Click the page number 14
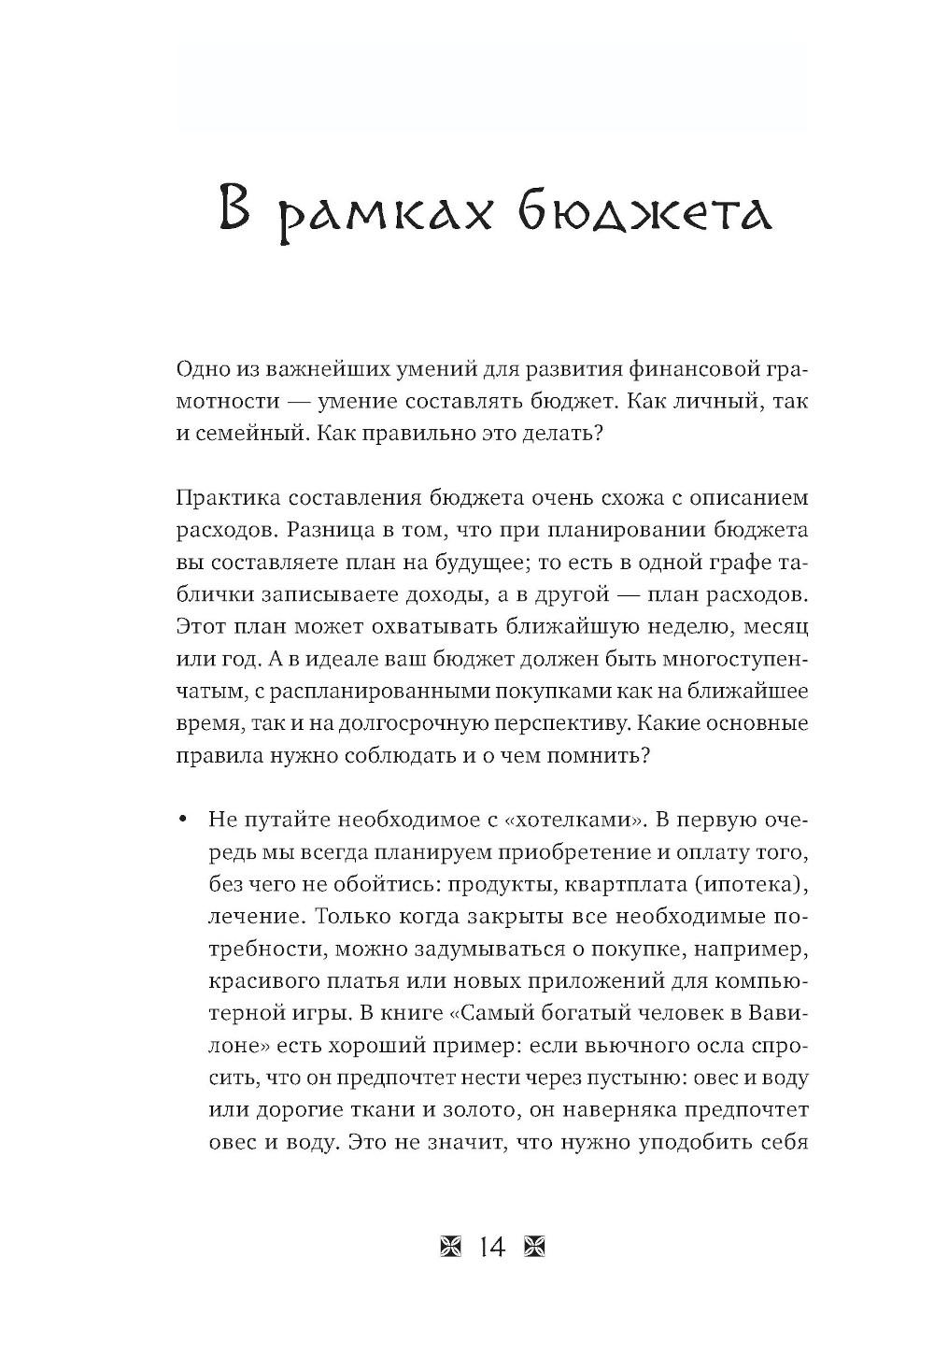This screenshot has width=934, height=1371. pyautogui.click(x=491, y=1248)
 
